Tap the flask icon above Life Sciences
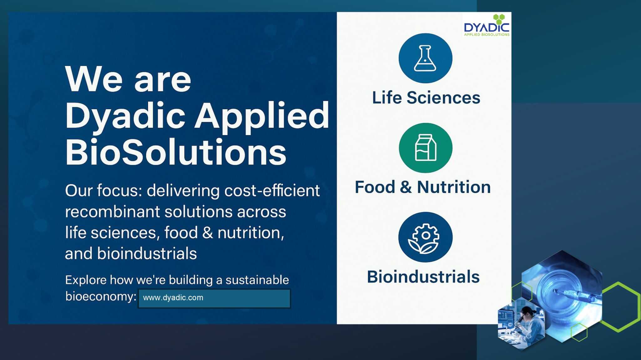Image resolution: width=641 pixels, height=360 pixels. tap(425, 58)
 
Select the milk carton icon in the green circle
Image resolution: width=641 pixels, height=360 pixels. tap(425, 148)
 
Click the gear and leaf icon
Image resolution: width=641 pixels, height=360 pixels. tap(425, 237)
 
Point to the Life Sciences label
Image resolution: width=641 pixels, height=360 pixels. tap(426, 98)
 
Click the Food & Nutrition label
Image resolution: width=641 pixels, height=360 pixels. tap(423, 187)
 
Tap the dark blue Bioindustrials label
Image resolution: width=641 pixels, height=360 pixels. tap(423, 277)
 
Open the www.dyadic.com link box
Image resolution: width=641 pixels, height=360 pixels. tap(214, 298)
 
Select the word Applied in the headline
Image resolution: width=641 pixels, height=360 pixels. tap(262, 116)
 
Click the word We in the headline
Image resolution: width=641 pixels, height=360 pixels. tap(94, 79)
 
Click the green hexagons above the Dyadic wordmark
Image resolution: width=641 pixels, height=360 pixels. tap(499, 18)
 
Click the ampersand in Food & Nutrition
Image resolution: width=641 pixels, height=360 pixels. tap(406, 187)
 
